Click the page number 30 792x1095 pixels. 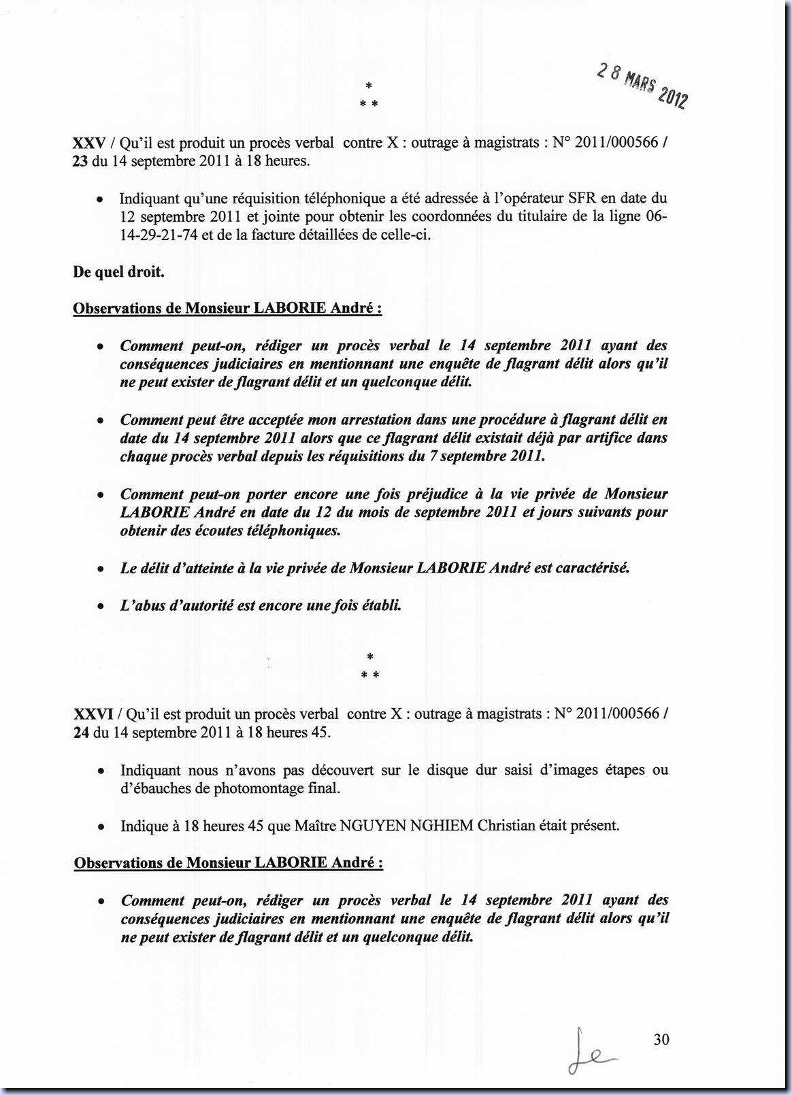[661, 1039]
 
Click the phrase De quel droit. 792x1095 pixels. [118, 272]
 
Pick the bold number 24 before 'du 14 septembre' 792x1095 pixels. [82, 732]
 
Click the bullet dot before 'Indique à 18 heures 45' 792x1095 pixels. [101, 828]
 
